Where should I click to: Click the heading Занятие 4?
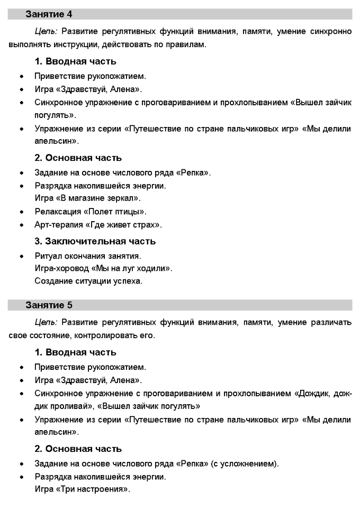(49, 14)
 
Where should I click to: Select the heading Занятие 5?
(49, 305)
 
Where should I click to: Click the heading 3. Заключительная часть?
(95, 241)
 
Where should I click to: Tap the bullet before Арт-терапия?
(22, 225)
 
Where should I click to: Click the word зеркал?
(124, 198)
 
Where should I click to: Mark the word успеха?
(128, 281)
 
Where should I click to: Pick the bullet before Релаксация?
(22, 212)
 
